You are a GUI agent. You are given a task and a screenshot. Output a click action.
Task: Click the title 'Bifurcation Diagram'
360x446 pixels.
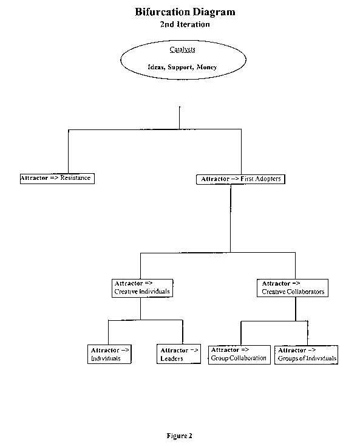click(x=185, y=12)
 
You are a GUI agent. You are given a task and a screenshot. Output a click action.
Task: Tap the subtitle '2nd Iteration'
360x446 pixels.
click(x=185, y=24)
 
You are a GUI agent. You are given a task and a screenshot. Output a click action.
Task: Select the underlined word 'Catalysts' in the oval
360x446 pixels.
click(x=182, y=49)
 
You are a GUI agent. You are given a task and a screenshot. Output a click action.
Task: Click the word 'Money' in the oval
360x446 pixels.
click(x=206, y=67)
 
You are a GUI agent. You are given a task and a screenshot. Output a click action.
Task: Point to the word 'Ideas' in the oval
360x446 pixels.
click(x=156, y=67)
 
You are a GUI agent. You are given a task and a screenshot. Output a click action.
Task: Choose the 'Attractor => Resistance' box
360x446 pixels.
click(x=57, y=179)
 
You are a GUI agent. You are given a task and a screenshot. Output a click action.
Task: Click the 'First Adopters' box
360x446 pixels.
click(x=240, y=179)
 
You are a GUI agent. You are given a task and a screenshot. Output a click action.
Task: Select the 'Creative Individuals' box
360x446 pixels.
click(x=142, y=288)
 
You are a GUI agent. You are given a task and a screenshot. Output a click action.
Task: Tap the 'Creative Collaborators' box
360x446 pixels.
click(x=293, y=288)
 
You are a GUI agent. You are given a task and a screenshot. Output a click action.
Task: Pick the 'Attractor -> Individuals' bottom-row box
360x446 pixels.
click(x=109, y=354)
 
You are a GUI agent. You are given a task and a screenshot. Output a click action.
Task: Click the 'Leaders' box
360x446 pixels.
click(x=178, y=354)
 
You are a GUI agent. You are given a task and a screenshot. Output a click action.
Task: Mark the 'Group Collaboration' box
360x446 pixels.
click(x=239, y=355)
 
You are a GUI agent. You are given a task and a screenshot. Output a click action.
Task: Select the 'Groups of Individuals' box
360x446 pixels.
click(x=307, y=355)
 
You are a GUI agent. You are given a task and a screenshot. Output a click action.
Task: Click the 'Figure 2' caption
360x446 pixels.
click(x=180, y=436)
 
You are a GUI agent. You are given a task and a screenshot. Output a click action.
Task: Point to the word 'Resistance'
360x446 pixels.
click(x=75, y=178)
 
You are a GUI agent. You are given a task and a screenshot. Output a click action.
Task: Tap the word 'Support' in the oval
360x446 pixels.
click(x=180, y=67)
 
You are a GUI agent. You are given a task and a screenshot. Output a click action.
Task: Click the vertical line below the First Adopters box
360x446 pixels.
click(x=231, y=219)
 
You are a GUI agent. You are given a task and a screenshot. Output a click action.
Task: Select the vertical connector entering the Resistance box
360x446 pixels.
click(x=68, y=152)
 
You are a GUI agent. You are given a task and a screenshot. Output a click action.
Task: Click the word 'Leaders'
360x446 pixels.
click(x=172, y=359)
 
